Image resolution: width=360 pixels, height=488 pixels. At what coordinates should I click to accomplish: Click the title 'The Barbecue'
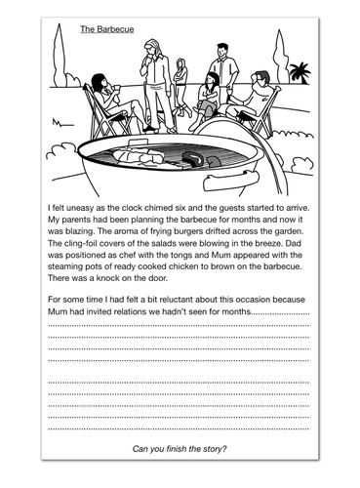[107, 30]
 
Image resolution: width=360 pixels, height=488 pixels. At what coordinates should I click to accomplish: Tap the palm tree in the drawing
[299, 72]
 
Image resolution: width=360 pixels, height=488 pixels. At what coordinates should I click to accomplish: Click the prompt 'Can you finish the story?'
[180, 448]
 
